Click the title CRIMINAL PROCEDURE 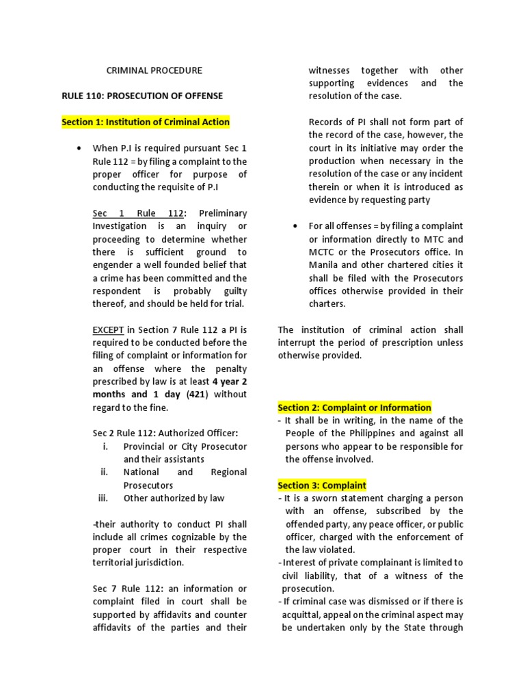[154, 70]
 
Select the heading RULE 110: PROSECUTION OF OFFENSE [142, 96]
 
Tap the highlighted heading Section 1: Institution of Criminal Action [146, 122]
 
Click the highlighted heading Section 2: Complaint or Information [354, 407]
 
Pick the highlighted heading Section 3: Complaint [322, 485]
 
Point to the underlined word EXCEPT [109, 329]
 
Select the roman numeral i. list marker [105, 446]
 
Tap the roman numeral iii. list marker [103, 498]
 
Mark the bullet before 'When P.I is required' [81, 148]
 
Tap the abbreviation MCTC [325, 252]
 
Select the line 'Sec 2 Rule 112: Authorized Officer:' [165, 433]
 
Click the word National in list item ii [142, 472]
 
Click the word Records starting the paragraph [326, 122]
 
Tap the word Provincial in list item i [146, 446]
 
